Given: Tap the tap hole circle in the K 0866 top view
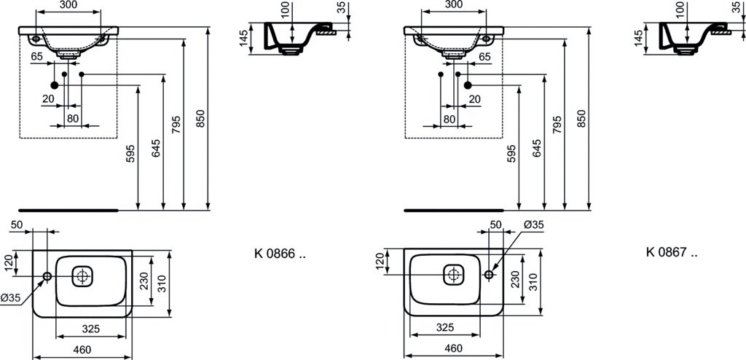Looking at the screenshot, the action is tap(47, 276).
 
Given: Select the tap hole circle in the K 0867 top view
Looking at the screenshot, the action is tap(489, 275).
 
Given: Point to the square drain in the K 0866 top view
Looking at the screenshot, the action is tap(82, 275).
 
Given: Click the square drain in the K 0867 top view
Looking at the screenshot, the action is tap(453, 274).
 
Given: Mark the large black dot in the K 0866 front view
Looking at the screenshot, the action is tap(54, 85).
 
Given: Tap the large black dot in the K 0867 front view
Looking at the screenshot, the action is tap(468, 85).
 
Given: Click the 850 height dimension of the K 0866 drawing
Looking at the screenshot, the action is tap(200, 119).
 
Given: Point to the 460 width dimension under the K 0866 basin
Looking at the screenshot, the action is tap(82, 350).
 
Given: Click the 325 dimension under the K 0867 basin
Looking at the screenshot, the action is tap(444, 328).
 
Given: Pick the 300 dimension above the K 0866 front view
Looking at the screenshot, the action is tap(68, 5).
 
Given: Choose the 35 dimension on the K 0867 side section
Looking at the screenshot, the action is tap(742, 7).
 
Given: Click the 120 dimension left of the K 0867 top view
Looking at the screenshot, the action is tap(379, 262).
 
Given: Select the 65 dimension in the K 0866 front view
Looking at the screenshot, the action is tap(36, 56).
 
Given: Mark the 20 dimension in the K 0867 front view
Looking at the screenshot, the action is tap(474, 98).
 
